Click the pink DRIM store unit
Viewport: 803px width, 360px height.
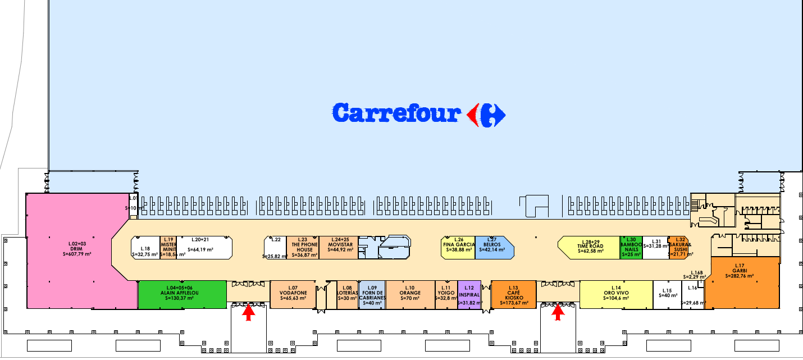(x=79, y=250)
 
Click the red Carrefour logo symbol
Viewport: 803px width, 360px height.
(x=486, y=115)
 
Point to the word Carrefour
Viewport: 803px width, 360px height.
(x=396, y=113)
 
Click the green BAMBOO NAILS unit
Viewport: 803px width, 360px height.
(x=631, y=247)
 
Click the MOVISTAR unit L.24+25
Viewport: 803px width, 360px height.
(x=338, y=247)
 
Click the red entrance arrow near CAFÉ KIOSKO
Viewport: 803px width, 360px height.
(x=558, y=312)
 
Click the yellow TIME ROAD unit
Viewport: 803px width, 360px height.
(x=590, y=247)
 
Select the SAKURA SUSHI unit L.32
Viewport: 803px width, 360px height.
(x=678, y=247)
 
